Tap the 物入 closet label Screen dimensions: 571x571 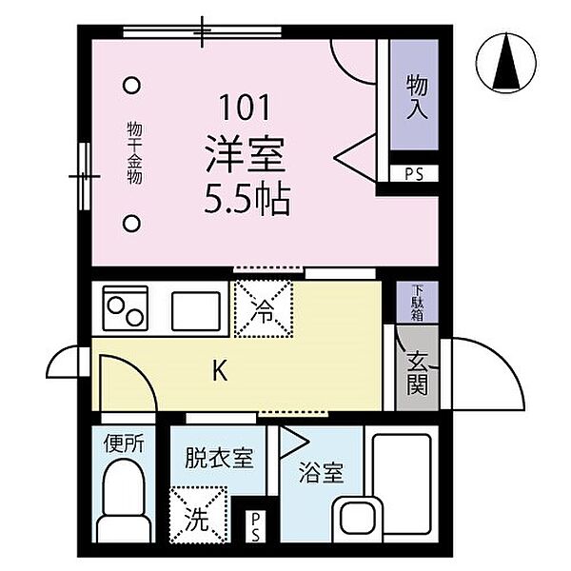point(415,94)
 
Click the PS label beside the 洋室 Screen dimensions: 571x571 point(414,174)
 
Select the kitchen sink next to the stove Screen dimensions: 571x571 point(195,308)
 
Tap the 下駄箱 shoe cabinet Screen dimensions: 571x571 point(417,302)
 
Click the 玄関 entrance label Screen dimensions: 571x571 point(417,372)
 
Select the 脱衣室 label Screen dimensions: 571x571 point(219,458)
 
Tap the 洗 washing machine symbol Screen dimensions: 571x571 point(197,517)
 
